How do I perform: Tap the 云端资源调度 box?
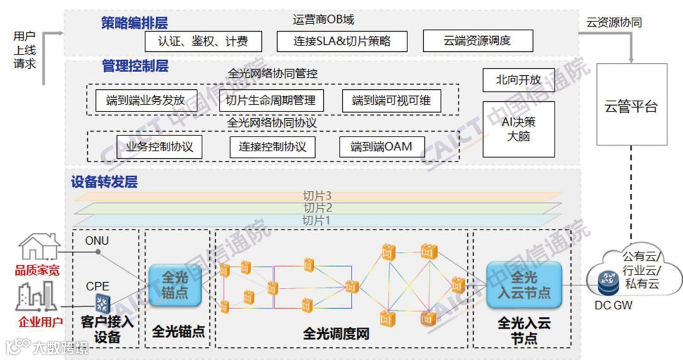coord(477,42)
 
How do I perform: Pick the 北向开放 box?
coord(519,80)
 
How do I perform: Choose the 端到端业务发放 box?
coord(146,101)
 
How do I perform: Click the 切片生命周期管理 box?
coord(271,101)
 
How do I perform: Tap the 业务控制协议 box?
coord(155,147)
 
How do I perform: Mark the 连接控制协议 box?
coord(272,147)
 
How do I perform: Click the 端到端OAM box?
coord(381,147)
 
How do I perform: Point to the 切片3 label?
coord(317,196)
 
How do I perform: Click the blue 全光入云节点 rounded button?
coord(524,285)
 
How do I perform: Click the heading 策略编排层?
coord(135,23)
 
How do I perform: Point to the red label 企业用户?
coord(39,322)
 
